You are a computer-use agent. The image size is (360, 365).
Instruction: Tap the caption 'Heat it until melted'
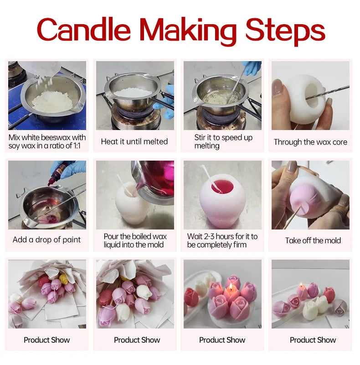(134, 141)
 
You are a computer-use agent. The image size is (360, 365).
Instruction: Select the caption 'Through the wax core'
(310, 142)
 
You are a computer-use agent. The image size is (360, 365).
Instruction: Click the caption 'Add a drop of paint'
(47, 240)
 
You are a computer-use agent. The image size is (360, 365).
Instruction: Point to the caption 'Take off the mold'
(313, 240)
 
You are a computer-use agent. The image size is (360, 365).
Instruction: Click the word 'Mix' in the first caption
(16, 137)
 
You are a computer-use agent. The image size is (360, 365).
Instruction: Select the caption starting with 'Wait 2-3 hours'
(222, 240)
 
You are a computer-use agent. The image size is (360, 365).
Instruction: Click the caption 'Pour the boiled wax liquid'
(135, 240)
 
